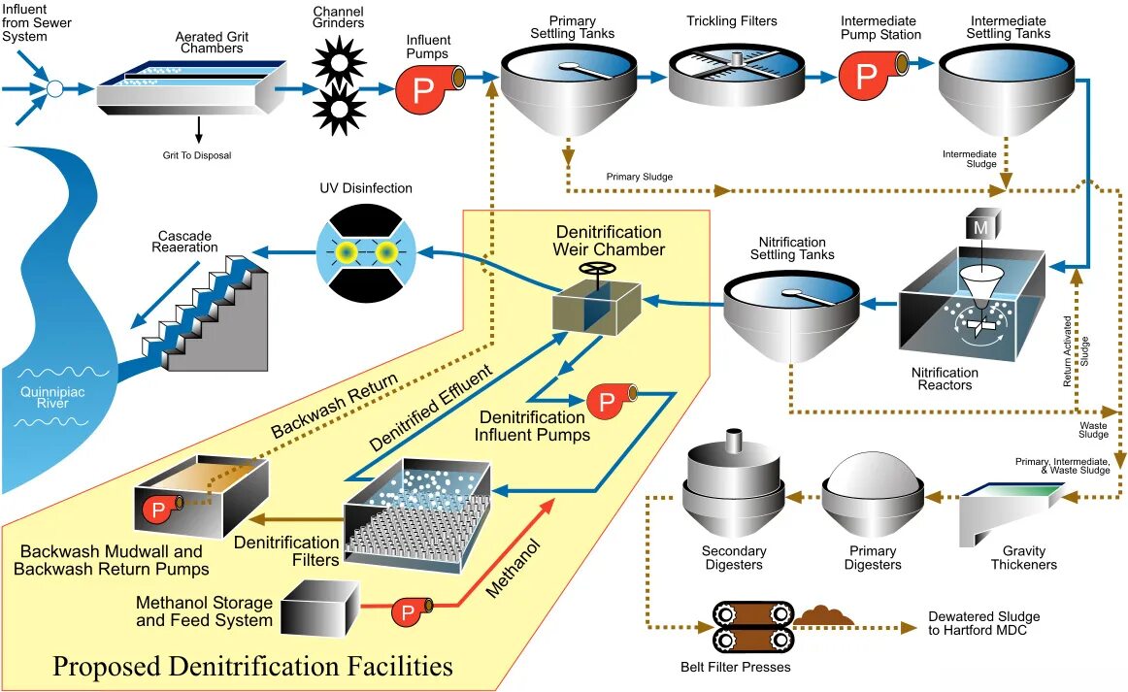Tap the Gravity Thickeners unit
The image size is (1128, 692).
coord(1010,514)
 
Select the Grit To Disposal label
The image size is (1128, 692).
coord(197,154)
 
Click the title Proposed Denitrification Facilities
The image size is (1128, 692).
coord(252,667)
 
